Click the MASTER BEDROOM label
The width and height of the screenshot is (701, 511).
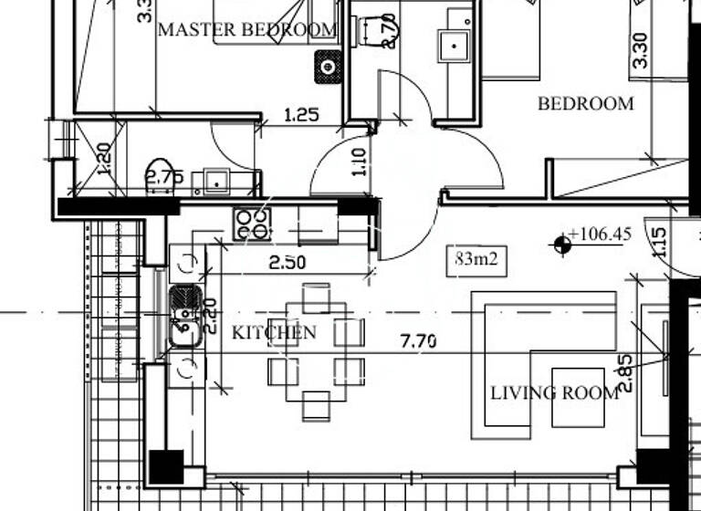[247, 29]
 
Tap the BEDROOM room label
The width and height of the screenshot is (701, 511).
[585, 103]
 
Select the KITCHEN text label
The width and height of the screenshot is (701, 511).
[274, 332]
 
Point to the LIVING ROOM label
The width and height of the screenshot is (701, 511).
[554, 393]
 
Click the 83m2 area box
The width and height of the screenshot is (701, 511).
[476, 259]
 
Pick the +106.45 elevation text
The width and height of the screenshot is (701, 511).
[600, 235]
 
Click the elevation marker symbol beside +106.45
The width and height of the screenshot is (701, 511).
[560, 242]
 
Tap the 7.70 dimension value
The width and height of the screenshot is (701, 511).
[418, 342]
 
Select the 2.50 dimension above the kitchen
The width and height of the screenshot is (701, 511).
[287, 263]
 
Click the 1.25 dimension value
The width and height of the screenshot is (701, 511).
[301, 115]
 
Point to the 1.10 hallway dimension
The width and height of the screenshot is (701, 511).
[359, 162]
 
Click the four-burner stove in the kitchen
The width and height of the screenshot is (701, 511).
[252, 224]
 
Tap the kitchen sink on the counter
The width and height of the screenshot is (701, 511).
[186, 318]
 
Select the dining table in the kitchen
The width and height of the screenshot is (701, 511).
[316, 350]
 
